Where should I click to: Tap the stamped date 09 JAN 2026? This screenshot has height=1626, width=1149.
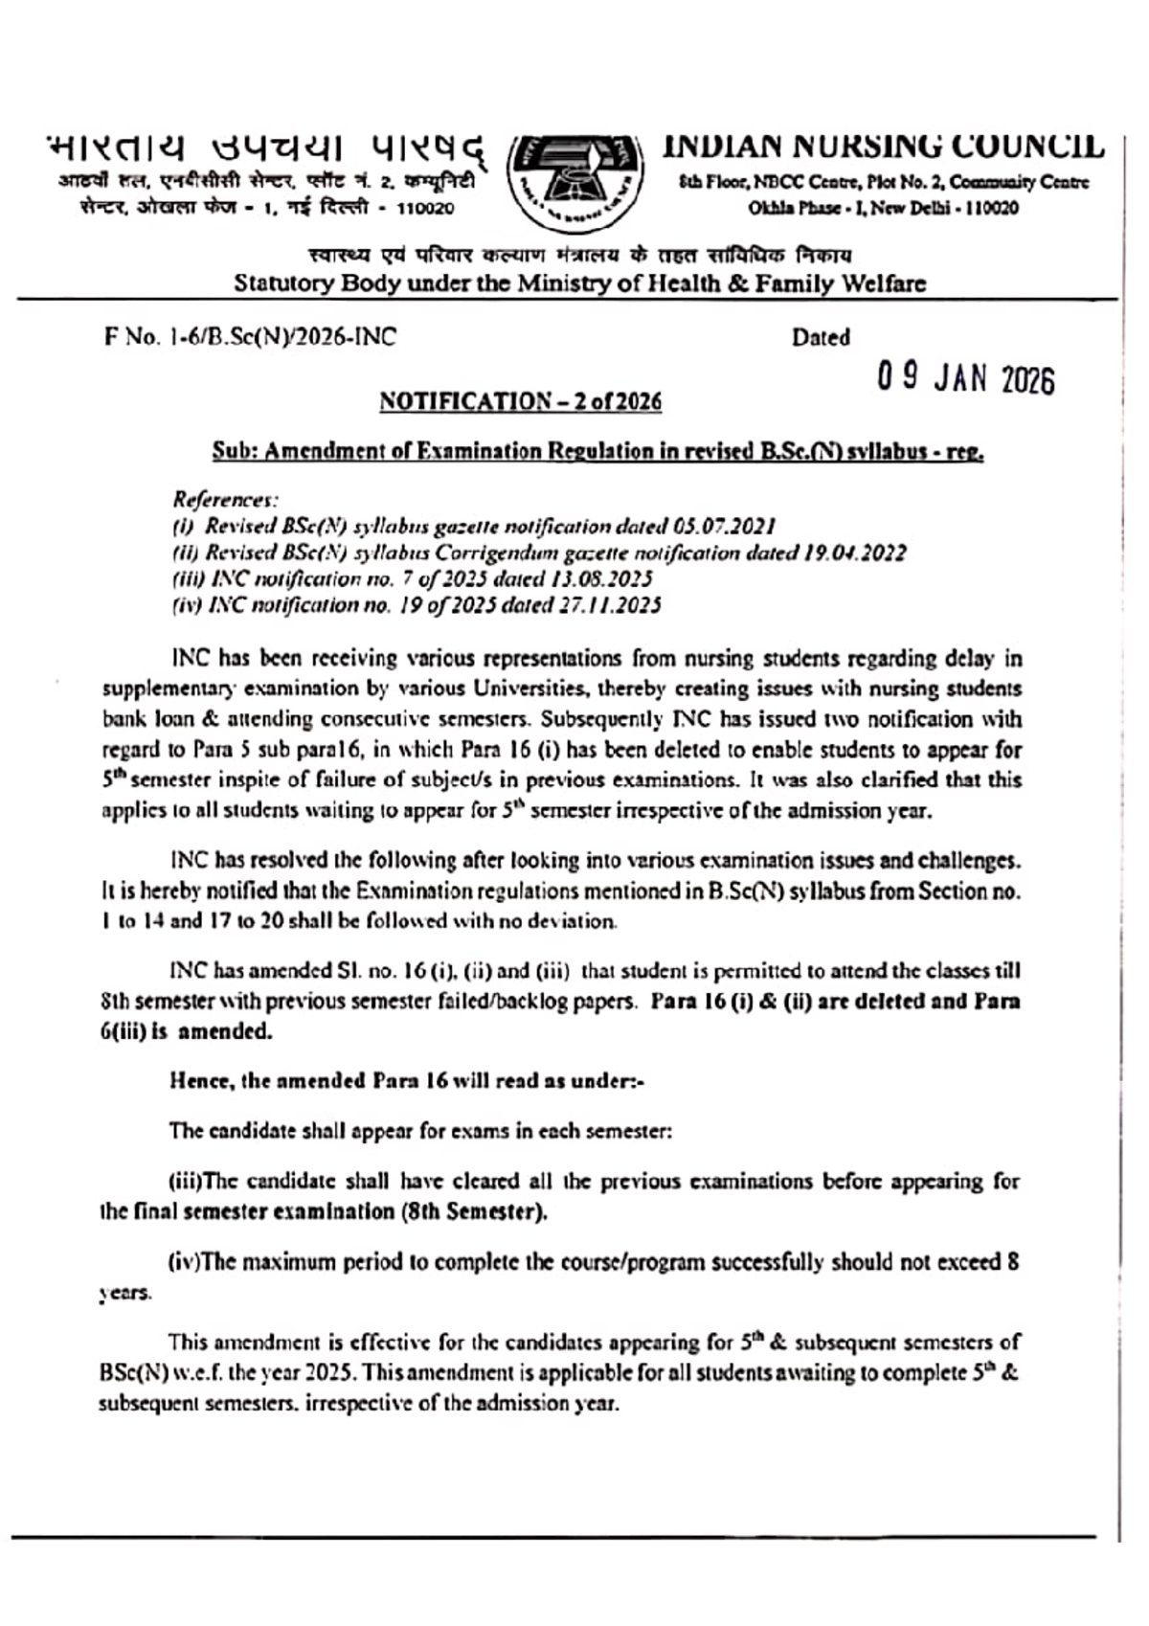click(966, 379)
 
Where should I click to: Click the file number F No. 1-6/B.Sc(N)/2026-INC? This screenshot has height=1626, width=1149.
click(250, 337)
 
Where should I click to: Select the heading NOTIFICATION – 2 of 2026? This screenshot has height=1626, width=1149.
click(520, 401)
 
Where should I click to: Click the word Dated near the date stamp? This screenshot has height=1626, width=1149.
click(821, 337)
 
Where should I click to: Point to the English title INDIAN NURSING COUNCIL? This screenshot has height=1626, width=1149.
click(883, 147)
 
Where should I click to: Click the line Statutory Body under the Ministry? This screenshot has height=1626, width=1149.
click(580, 283)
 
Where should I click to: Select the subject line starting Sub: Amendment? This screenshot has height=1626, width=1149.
click(598, 451)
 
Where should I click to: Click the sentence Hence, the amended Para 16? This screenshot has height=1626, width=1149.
click(406, 1081)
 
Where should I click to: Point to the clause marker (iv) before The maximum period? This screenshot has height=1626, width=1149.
click(185, 1262)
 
